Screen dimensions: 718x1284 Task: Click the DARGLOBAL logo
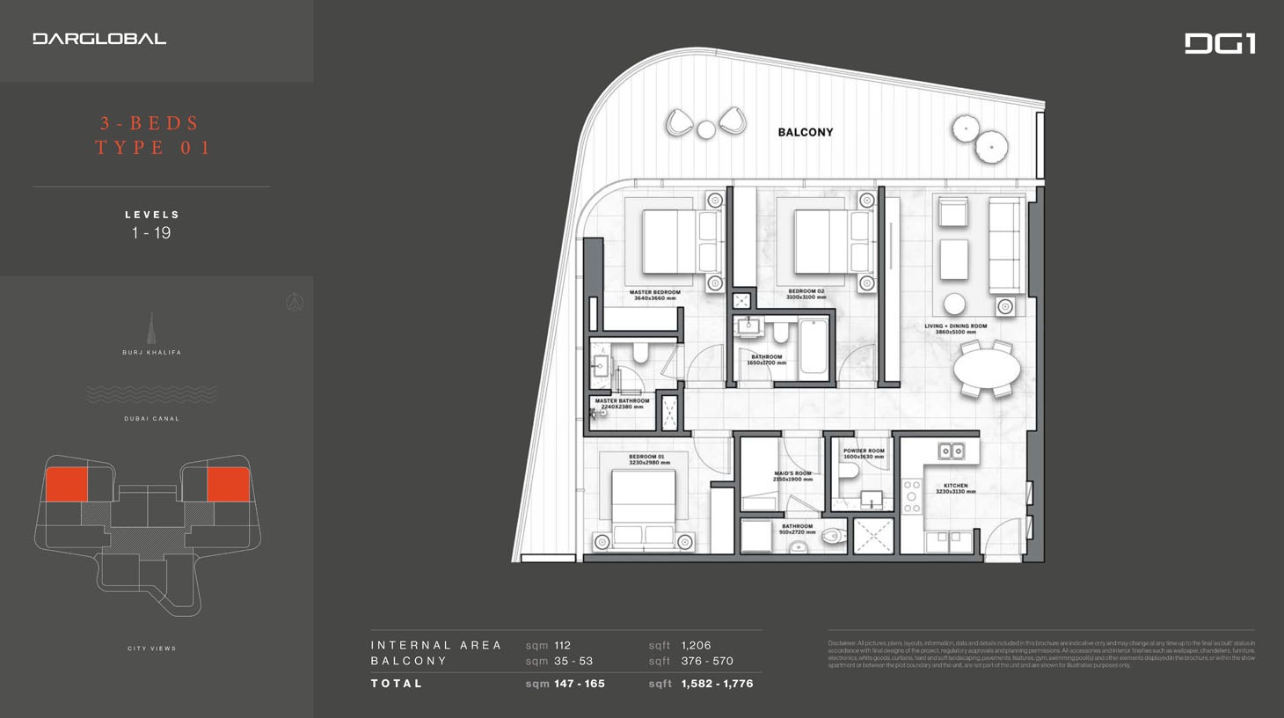click(x=99, y=39)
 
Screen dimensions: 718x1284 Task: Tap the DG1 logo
click(x=1220, y=43)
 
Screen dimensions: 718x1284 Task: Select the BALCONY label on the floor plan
click(x=805, y=132)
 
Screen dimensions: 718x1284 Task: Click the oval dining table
click(x=987, y=370)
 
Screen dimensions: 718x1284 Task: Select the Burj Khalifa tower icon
click(x=151, y=330)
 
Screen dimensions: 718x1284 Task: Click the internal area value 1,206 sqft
click(x=696, y=645)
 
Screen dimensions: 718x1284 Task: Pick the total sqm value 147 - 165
click(x=579, y=684)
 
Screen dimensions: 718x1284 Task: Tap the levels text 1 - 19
click(x=151, y=233)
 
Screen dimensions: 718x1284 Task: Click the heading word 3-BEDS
click(x=150, y=123)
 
